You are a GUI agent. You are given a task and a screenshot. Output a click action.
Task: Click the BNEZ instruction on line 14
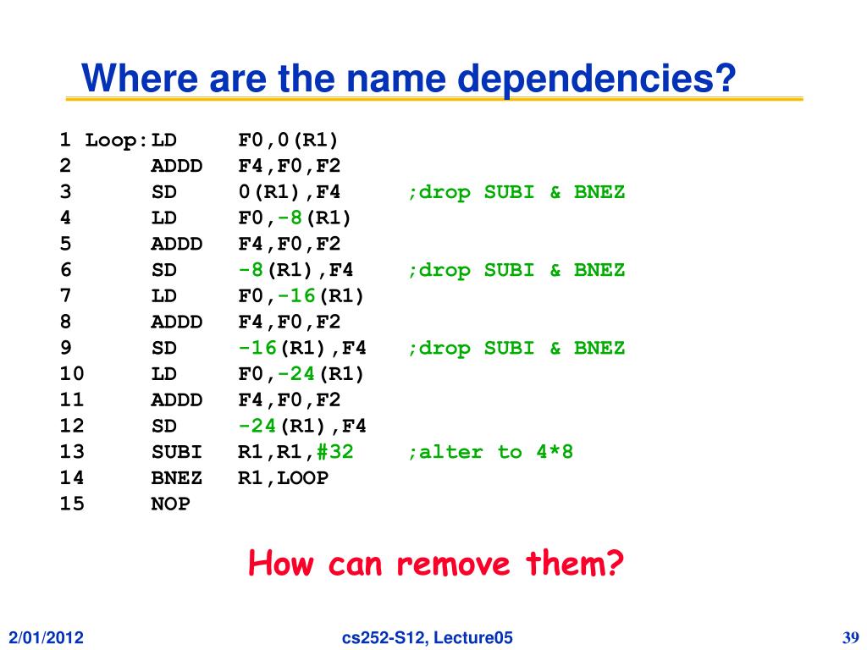(x=177, y=478)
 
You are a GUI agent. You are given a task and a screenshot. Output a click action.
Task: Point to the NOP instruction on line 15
(x=170, y=504)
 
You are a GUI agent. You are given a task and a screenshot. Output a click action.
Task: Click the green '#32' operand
(x=335, y=452)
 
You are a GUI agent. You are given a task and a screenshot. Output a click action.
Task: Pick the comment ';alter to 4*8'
(x=490, y=452)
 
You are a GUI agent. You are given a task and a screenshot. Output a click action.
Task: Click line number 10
(x=72, y=374)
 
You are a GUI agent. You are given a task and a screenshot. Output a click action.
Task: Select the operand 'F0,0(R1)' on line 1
(x=289, y=140)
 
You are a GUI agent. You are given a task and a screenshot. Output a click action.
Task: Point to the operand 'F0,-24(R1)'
(x=301, y=374)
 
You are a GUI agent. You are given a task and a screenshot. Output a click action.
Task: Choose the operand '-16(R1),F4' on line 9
(x=302, y=348)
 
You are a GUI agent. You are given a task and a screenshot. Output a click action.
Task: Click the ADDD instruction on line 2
(x=177, y=166)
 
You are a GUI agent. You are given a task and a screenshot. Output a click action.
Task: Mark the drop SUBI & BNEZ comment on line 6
(x=516, y=270)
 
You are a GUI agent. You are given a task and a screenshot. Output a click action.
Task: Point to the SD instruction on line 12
(x=164, y=426)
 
